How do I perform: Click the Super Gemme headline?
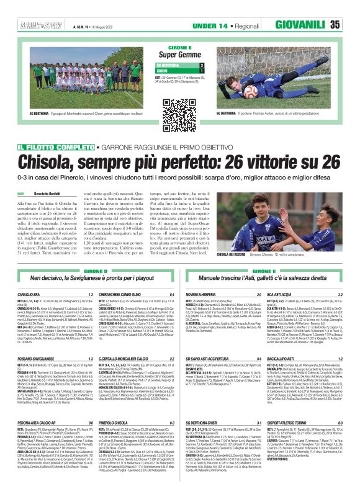coord(180,55)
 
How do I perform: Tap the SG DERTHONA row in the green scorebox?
coord(179,65)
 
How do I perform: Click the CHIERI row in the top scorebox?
coord(179,71)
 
